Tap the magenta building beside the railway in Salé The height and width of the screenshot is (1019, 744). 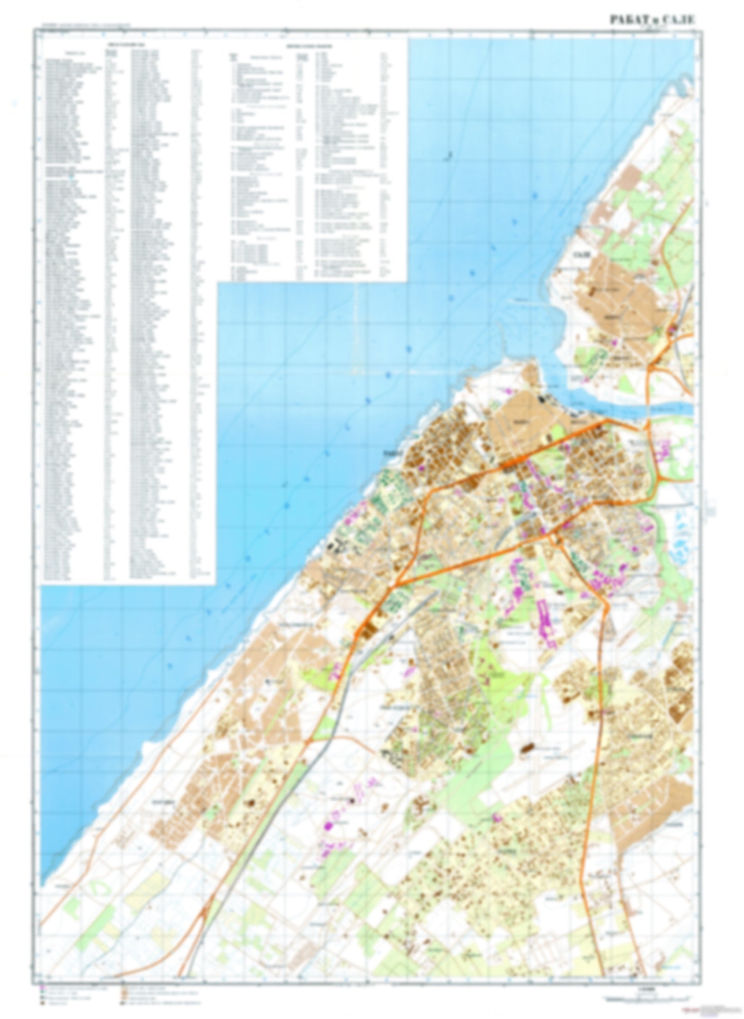[x=672, y=330]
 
